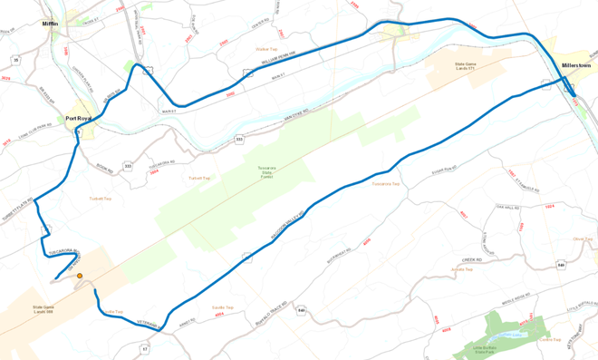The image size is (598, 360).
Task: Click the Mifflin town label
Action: (x=50, y=24)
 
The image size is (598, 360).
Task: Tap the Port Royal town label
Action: (x=78, y=118)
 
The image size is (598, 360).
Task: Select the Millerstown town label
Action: (x=575, y=65)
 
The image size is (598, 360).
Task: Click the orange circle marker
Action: (x=80, y=276)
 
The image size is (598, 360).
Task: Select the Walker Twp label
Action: (x=266, y=49)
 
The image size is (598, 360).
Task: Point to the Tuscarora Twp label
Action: (x=385, y=184)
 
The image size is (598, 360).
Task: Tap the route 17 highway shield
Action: (x=144, y=347)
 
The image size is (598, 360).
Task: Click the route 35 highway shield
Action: (x=15, y=60)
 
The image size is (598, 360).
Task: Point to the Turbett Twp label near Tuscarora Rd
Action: (x=100, y=199)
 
